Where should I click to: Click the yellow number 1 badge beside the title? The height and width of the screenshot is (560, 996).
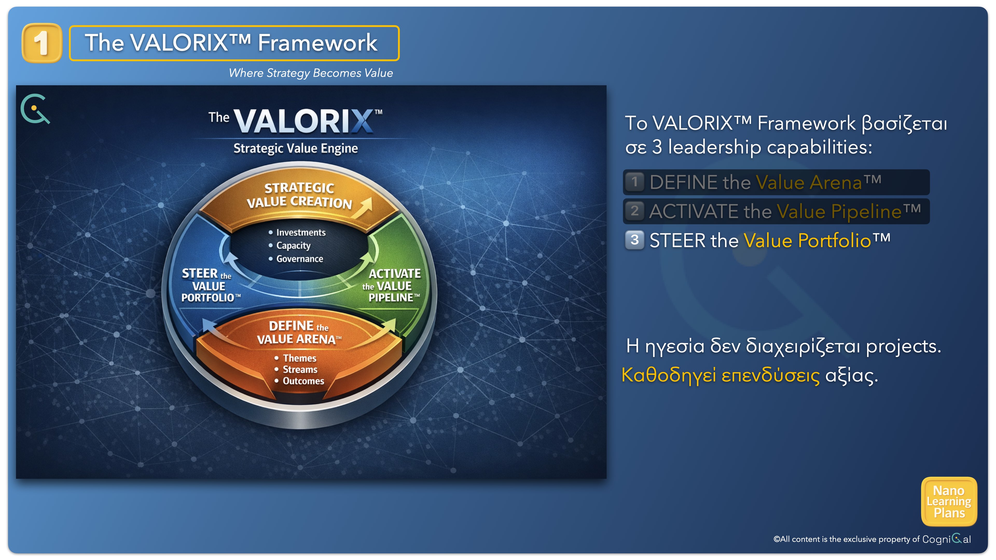click(x=42, y=43)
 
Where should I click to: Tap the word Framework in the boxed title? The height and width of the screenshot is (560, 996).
click(x=317, y=43)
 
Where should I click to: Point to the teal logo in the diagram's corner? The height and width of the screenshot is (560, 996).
click(x=35, y=109)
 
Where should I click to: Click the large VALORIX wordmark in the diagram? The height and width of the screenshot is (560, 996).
click(x=303, y=121)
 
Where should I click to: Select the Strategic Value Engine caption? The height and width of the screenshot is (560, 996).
click(x=295, y=148)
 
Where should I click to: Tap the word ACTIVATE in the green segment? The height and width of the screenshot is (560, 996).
click(x=394, y=274)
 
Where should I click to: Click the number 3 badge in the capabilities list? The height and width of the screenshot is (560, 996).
click(x=634, y=240)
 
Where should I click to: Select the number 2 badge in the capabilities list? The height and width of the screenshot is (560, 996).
click(x=634, y=211)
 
